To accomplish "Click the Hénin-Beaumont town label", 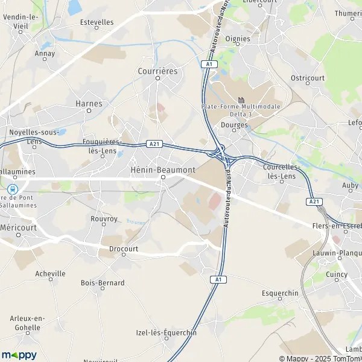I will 163,170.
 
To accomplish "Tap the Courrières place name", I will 157,71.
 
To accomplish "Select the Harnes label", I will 89,103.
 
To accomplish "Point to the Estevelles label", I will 97,22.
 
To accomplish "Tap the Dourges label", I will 235,125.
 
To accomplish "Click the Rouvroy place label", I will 104,219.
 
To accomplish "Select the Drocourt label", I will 124,248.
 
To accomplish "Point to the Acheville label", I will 50,273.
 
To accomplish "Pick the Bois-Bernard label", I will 103,282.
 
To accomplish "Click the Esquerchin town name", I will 281,293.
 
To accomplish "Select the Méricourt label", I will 18,227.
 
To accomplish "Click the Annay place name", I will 45,53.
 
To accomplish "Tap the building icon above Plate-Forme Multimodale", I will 242,100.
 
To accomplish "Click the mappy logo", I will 19,355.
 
